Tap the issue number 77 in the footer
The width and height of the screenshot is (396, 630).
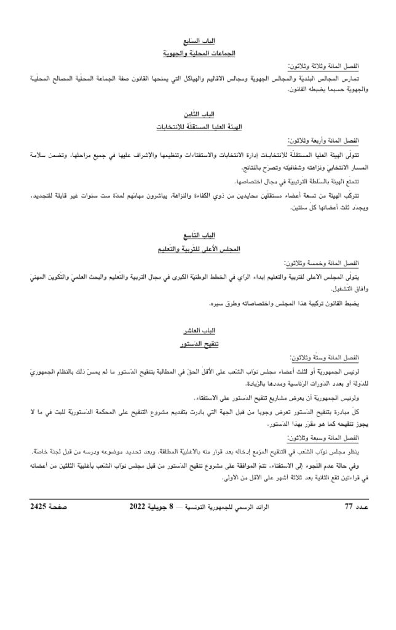349,507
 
